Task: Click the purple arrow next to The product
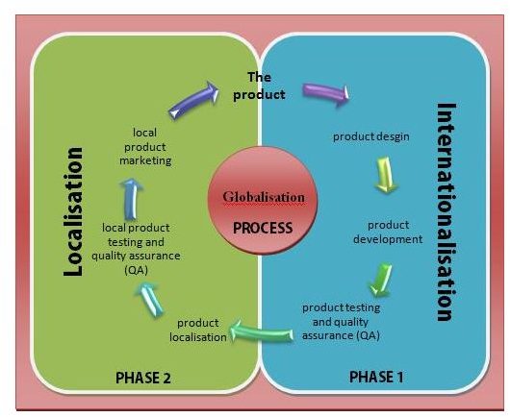point(326,93)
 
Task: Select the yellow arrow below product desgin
point(386,175)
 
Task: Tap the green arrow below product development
point(381,280)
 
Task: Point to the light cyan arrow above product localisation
point(150,299)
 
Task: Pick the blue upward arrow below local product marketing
point(132,199)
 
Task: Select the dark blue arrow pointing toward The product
point(193,100)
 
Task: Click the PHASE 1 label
point(376,377)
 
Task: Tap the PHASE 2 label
point(143,378)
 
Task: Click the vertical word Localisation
point(73,211)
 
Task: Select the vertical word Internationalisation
point(446,212)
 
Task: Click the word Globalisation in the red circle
point(264,197)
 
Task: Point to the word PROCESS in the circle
point(263,228)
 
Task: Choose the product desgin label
point(371,136)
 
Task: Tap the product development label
point(388,233)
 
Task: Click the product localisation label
point(198,330)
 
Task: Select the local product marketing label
point(145,146)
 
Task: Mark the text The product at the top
point(259,86)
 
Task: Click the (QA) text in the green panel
point(137,270)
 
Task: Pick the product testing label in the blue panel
point(342,307)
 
